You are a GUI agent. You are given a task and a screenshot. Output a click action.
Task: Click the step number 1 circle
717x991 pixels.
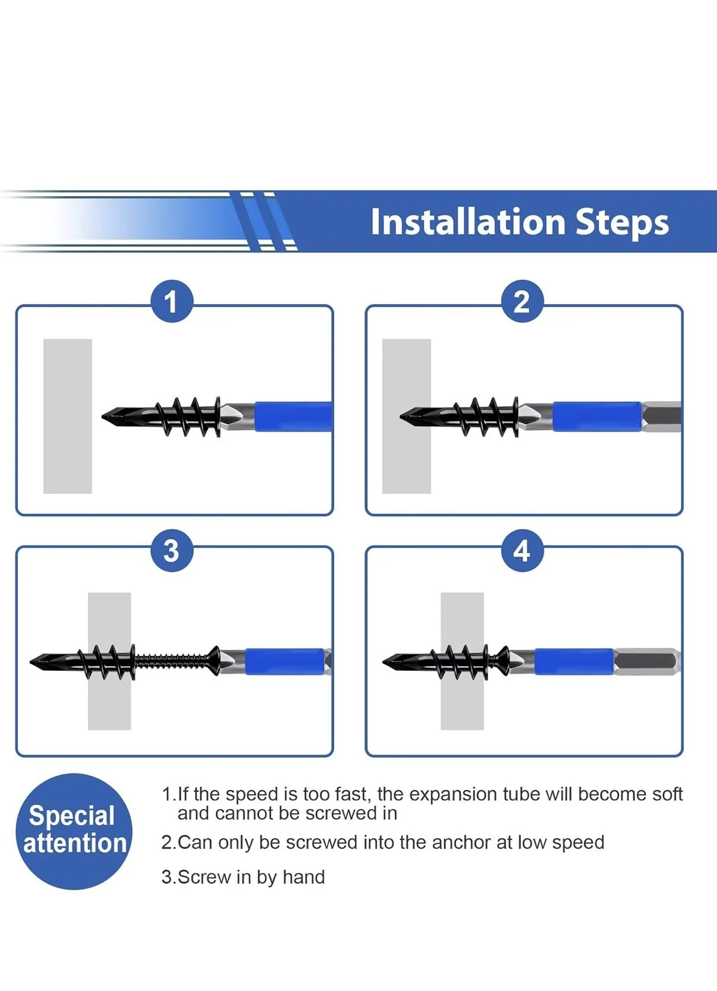click(172, 301)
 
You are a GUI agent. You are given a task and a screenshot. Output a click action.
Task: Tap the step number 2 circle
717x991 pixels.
click(522, 301)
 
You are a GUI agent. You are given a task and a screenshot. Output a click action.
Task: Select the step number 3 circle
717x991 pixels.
click(172, 551)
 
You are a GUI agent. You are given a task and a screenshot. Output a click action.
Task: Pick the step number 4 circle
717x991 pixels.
click(522, 551)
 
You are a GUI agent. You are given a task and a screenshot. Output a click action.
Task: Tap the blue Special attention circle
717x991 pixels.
click(74, 832)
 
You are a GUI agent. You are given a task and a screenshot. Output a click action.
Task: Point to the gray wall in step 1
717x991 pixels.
click(68, 416)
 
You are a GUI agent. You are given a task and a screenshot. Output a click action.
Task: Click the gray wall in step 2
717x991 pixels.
click(406, 416)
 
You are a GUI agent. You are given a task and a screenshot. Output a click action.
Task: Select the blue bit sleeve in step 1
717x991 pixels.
click(293, 416)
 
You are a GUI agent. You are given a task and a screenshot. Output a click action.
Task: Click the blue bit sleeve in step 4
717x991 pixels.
click(574, 662)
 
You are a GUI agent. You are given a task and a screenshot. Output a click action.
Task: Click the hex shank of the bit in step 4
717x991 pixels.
click(646, 662)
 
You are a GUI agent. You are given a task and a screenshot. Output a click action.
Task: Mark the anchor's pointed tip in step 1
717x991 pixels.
click(102, 416)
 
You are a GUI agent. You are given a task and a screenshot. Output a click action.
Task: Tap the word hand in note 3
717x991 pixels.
click(304, 877)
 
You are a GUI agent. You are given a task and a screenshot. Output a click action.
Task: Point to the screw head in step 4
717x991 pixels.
click(503, 662)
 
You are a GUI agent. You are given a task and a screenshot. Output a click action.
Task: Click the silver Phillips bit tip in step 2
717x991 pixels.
click(536, 416)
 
